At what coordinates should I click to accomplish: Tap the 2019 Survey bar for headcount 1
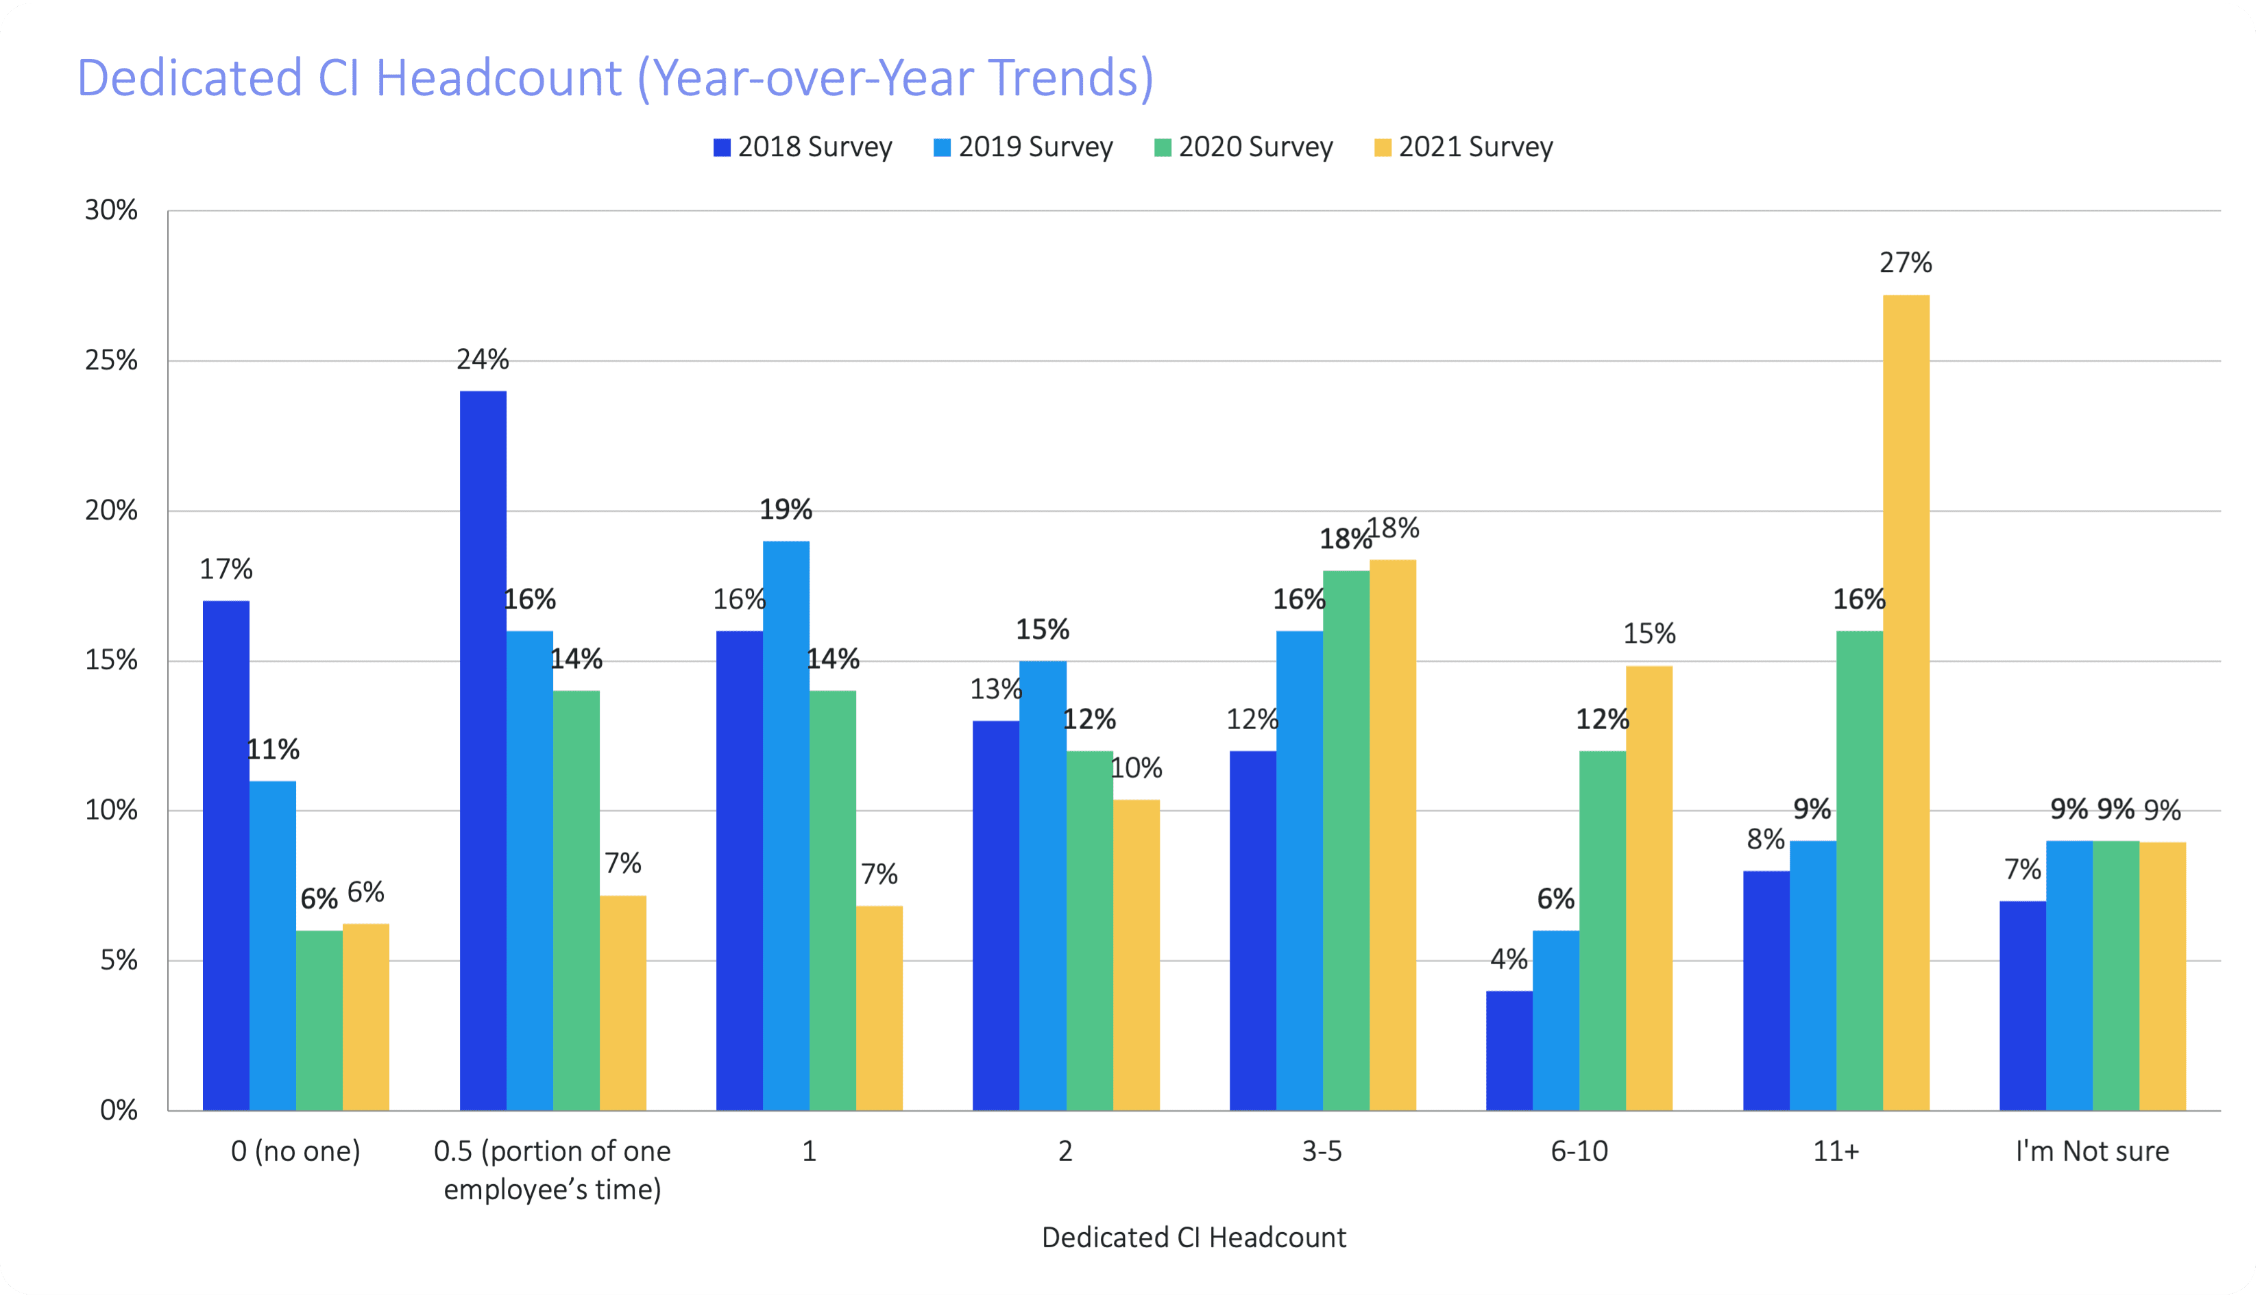(x=786, y=826)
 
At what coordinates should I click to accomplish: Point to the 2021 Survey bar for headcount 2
(x=1136, y=955)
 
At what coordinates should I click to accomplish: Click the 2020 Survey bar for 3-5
(x=1346, y=840)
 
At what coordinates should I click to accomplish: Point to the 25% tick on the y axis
(x=112, y=360)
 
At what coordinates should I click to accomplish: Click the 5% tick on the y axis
(x=119, y=961)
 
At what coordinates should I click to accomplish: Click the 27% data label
(x=1906, y=262)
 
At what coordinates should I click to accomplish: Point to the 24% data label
(x=483, y=359)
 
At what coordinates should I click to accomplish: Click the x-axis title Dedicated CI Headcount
(x=1193, y=1238)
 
